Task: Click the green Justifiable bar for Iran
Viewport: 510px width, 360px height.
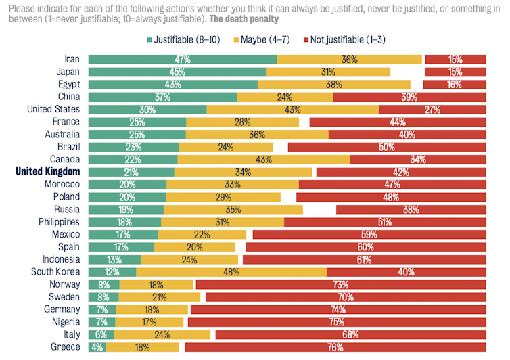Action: coord(182,60)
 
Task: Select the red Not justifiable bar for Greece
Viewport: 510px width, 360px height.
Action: coord(335,347)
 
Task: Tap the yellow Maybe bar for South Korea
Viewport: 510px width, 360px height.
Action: coord(231,272)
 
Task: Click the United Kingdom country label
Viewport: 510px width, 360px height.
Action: coord(47,172)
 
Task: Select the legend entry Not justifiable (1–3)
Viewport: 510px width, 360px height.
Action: coord(345,39)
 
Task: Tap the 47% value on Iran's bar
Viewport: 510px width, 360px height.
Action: coord(182,60)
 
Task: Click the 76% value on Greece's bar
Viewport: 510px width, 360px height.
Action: coord(335,347)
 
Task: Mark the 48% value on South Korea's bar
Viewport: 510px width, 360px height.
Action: coord(231,272)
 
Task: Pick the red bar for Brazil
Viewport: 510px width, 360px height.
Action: coord(387,147)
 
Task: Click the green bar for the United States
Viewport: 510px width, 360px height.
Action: coord(147,110)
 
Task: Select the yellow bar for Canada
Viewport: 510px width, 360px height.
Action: coord(264,160)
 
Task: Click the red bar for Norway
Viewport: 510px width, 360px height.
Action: coord(340,285)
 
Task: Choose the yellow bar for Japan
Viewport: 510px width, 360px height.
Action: coord(328,72)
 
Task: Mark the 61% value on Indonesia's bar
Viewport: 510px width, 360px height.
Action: coord(363,260)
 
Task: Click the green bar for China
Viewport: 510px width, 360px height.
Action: coord(162,97)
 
